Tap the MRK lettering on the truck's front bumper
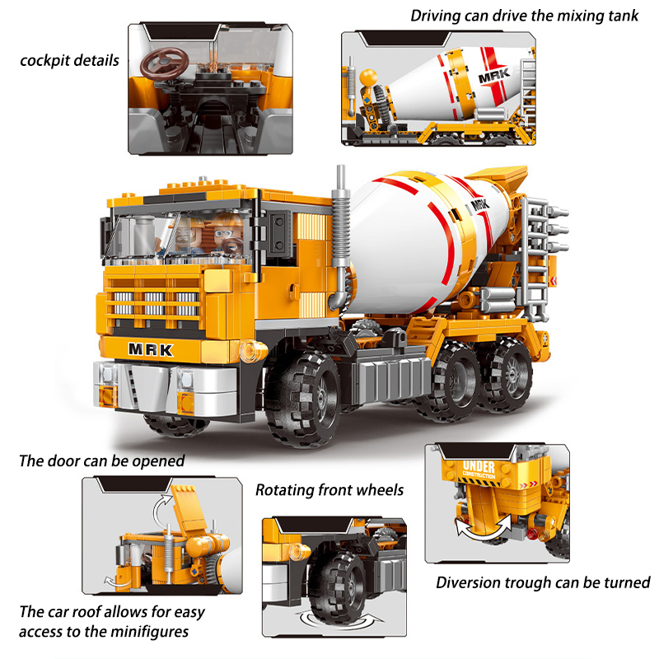151,348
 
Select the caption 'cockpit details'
70,60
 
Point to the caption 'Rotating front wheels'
329,490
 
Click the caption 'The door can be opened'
102,460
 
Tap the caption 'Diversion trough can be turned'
543,582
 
